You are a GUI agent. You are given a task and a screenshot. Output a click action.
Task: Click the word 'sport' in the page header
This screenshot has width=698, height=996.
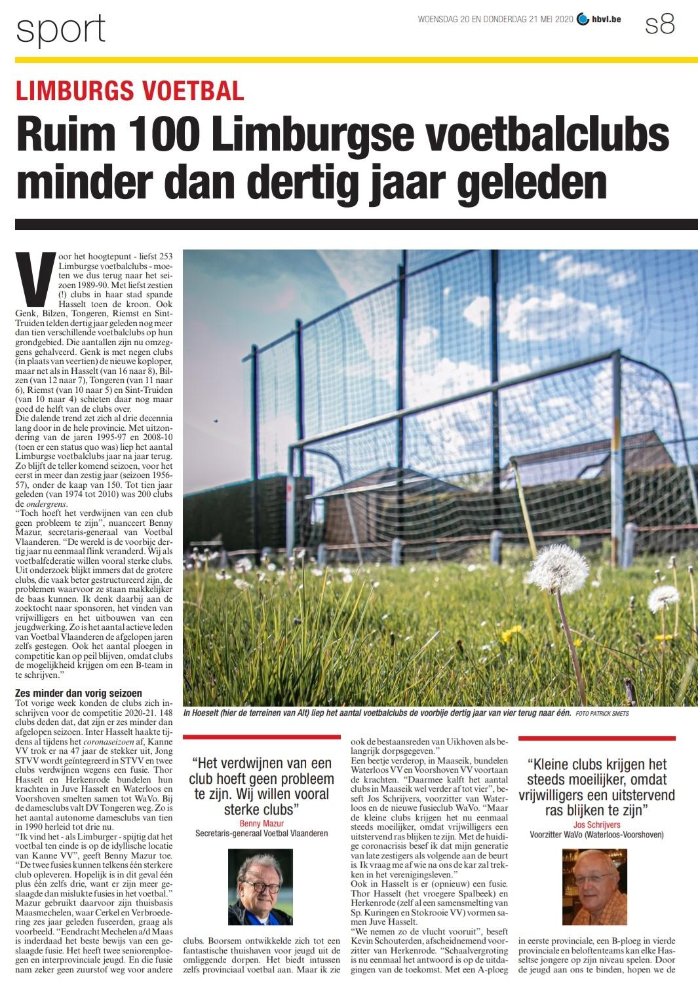(x=60, y=29)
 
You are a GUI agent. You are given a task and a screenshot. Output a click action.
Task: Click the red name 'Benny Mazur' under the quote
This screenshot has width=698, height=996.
(x=260, y=823)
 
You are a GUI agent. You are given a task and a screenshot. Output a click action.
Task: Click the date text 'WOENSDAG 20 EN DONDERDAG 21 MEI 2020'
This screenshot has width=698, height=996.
(x=495, y=20)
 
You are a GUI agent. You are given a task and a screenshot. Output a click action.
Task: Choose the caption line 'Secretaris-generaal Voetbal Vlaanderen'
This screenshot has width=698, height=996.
(x=261, y=834)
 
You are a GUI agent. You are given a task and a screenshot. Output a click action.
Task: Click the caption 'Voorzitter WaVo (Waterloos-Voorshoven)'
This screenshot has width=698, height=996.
(x=596, y=836)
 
